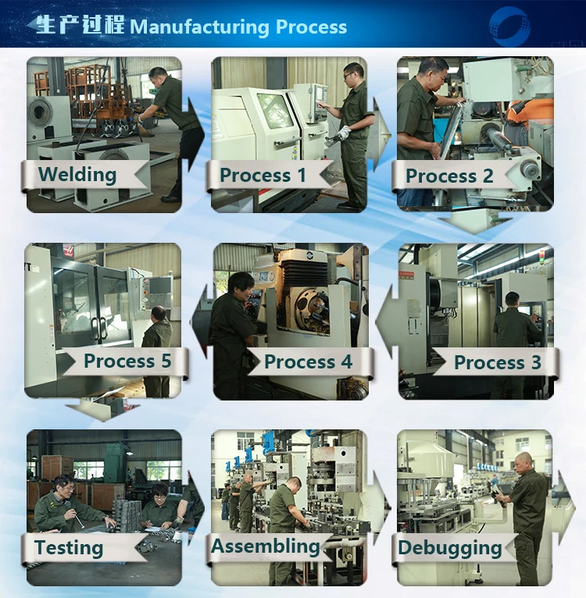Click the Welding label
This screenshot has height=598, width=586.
[77, 175]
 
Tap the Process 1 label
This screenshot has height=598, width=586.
[263, 176]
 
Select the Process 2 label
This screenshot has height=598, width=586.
[449, 176]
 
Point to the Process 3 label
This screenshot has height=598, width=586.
[498, 362]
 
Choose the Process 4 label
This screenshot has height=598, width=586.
[308, 361]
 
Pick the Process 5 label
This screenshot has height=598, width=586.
[127, 361]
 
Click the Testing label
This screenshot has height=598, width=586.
[69, 548]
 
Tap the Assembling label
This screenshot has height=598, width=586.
[266, 546]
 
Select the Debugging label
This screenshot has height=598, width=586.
[450, 548]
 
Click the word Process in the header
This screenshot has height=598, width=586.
[311, 27]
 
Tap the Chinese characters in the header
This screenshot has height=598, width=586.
[80, 25]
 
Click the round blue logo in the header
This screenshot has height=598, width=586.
[509, 26]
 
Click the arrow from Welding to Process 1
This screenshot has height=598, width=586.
[195, 134]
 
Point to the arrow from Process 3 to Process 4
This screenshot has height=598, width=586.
[385, 322]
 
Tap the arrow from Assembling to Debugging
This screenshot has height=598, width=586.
[381, 508]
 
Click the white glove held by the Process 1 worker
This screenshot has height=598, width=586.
[344, 133]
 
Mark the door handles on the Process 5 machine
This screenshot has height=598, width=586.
[98, 328]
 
